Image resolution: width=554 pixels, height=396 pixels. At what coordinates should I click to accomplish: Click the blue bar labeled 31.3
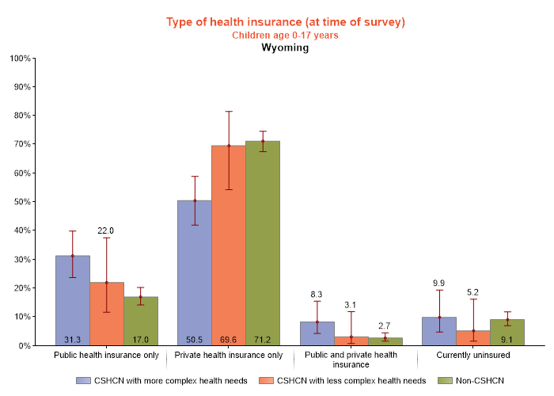72,300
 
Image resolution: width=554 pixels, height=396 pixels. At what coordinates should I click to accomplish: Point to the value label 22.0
106,230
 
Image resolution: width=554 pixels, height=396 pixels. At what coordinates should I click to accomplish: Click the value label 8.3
317,294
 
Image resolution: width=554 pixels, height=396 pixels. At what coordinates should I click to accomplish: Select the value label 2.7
385,326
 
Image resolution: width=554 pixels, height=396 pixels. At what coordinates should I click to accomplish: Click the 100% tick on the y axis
20,59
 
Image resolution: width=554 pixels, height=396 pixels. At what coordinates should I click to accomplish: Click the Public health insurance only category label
106,356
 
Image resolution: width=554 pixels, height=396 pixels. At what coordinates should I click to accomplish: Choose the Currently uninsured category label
472,356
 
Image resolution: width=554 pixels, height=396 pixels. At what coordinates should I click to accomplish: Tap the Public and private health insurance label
351,360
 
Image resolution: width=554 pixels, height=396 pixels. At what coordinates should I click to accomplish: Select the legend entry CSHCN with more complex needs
163,381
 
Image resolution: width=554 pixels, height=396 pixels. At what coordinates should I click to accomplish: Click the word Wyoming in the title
285,48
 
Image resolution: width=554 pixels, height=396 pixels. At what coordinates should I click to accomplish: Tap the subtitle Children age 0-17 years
285,35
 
